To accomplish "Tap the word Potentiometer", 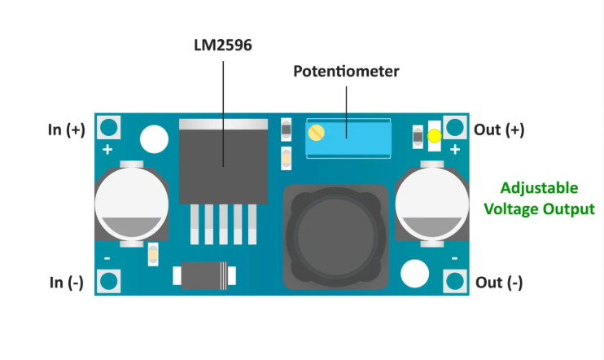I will coord(346,72).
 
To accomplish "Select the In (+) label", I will coord(66,130).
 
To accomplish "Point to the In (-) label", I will coord(66,282).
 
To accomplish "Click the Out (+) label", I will coord(499,130).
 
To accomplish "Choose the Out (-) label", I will coord(499,282).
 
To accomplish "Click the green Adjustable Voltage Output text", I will coord(539,198).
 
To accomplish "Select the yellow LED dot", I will coord(435,137).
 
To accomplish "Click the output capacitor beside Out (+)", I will coord(432,201).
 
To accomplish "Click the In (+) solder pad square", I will coord(108,128).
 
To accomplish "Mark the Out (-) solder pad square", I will coord(455,281).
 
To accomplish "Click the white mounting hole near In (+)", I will coord(152,138).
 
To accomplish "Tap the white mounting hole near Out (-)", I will coord(415,273).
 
